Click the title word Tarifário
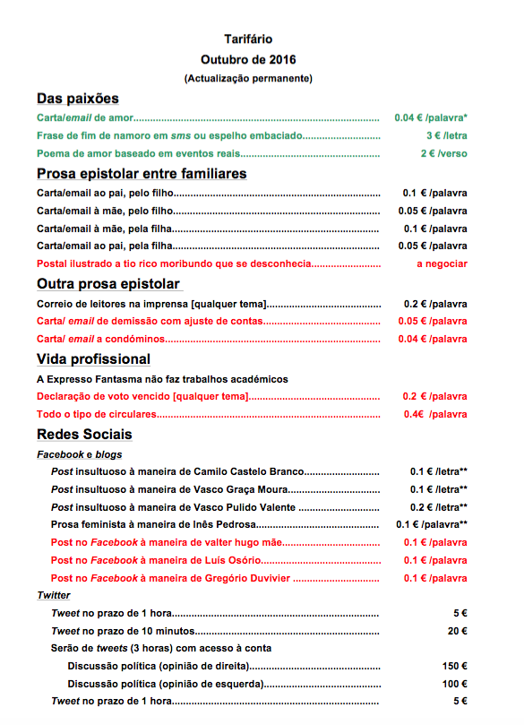[x=248, y=39]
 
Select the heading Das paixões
[x=78, y=99]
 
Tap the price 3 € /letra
[x=446, y=135]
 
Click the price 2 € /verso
[x=443, y=153]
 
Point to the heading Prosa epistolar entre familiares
[x=142, y=173]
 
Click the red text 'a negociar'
[x=442, y=263]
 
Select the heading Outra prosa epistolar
[x=108, y=284]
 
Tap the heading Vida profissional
[x=93, y=359]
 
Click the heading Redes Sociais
[x=84, y=435]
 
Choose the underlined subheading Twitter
[x=54, y=595]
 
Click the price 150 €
[x=454, y=666]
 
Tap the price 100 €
[x=454, y=684]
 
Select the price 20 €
[x=457, y=631]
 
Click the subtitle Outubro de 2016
[x=248, y=59]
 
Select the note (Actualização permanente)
[x=248, y=79]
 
